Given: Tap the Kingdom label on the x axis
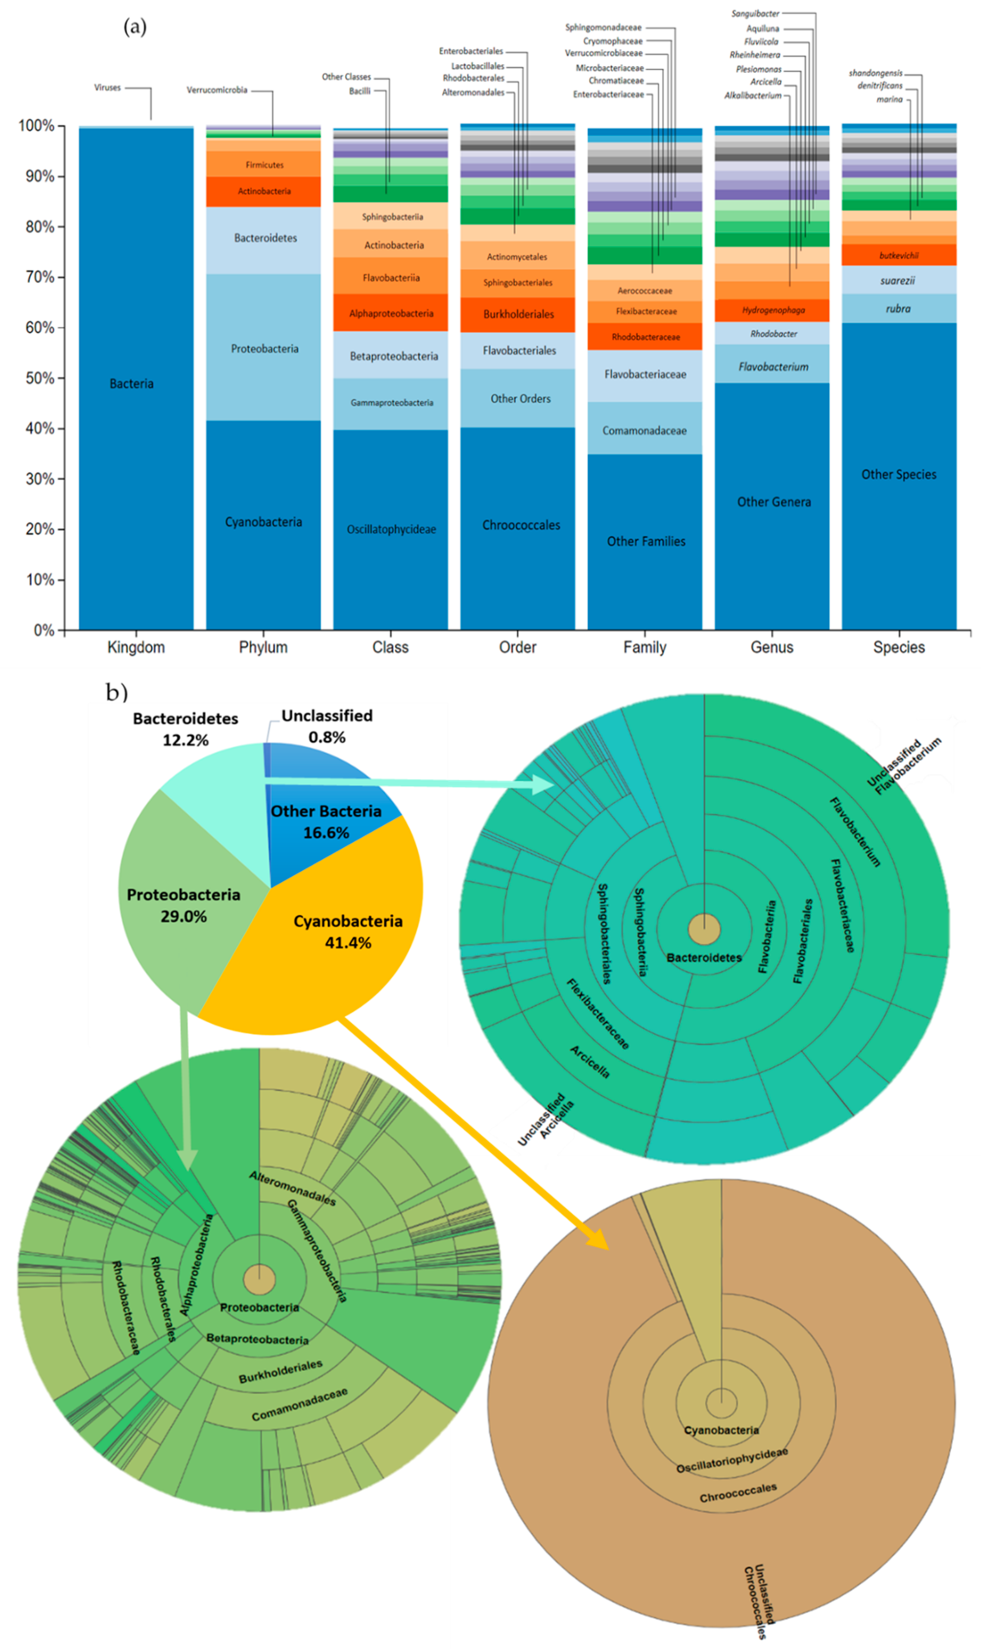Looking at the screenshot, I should [x=136, y=647].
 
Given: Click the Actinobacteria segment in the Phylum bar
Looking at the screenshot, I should [x=264, y=191].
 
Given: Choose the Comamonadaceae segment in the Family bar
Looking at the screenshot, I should [x=644, y=430].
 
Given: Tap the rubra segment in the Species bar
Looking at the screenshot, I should [x=898, y=309].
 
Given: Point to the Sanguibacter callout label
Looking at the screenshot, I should [x=755, y=13].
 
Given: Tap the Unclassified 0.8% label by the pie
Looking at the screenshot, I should [x=326, y=726].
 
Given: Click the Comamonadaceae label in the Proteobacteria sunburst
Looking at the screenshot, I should [x=299, y=1405].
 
